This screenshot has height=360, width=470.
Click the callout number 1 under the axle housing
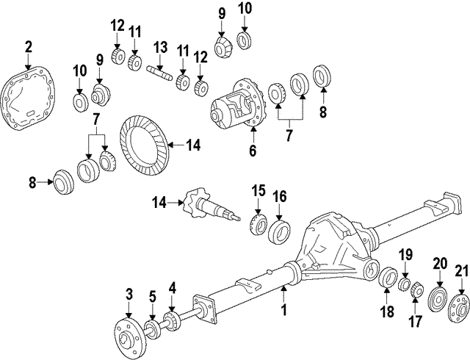[284, 311]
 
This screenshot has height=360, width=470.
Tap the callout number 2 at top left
[28, 48]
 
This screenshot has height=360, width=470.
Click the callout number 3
[129, 295]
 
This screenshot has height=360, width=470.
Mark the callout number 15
[258, 192]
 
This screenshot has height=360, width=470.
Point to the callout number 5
[151, 298]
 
